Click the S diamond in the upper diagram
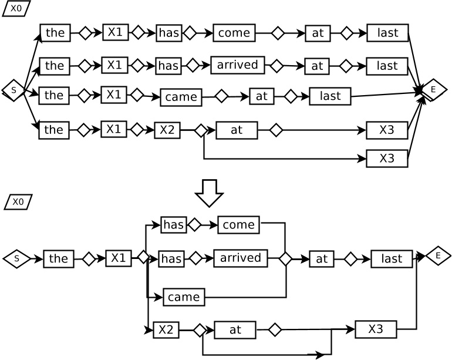click(14, 90)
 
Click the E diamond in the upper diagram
click(433, 89)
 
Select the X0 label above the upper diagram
click(16, 8)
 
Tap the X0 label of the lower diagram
click(18, 202)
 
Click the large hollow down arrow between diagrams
click(208, 193)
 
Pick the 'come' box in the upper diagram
click(234, 33)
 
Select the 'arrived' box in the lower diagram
click(240, 258)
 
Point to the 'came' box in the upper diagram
click(181, 97)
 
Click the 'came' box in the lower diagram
click(184, 297)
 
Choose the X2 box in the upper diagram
click(167, 130)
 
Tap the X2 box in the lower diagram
click(166, 329)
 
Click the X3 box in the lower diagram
click(376, 329)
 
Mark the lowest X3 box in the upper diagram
click(387, 159)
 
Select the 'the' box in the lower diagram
click(59, 258)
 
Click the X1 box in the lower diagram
click(119, 258)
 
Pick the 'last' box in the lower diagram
click(392, 258)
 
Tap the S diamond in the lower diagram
click(16, 258)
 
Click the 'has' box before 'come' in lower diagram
click(174, 224)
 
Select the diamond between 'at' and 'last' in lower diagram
click(350, 258)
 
